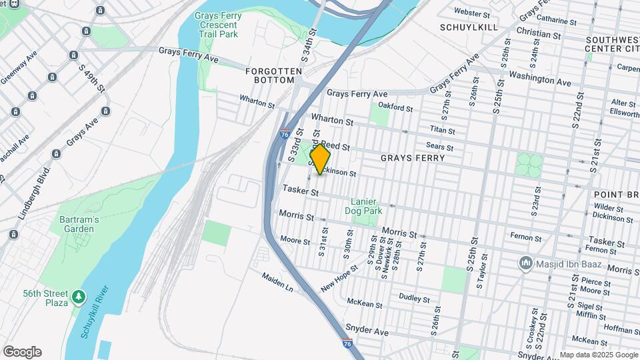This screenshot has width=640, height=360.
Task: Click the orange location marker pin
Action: (x=320, y=159)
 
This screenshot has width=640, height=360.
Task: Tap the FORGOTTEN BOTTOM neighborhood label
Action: (x=269, y=75)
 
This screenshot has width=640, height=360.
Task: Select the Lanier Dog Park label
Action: (x=364, y=207)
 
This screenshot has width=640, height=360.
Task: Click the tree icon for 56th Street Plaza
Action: (x=79, y=295)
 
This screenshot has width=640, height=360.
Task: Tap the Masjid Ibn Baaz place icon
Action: (x=526, y=264)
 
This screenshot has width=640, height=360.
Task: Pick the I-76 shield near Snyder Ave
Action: (x=347, y=343)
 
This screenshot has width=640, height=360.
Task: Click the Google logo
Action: (x=22, y=352)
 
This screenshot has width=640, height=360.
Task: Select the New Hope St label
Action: (x=339, y=278)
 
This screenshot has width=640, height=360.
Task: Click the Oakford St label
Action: (x=392, y=105)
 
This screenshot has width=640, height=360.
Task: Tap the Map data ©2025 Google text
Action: (x=598, y=355)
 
